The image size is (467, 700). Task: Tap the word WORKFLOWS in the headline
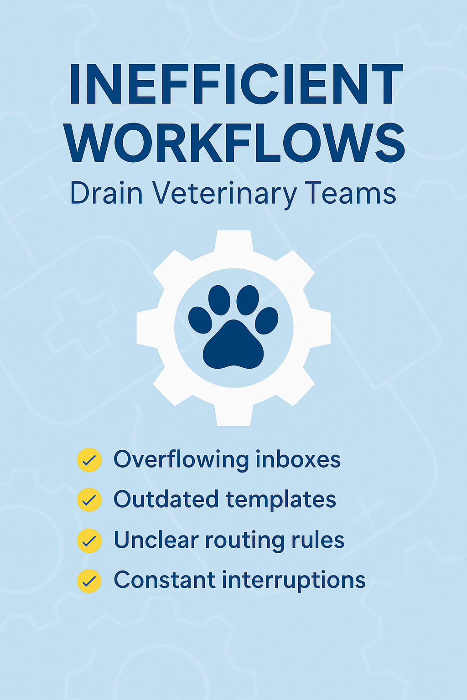(x=235, y=142)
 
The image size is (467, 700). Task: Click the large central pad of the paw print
(x=233, y=345)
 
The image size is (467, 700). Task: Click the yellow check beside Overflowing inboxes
(x=89, y=460)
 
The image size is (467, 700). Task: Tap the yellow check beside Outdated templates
(x=89, y=500)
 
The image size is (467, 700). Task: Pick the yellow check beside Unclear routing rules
(x=89, y=540)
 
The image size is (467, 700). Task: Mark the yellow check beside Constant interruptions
(x=89, y=581)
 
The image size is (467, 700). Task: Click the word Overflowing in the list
(x=181, y=459)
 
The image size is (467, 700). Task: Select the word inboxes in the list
(x=298, y=459)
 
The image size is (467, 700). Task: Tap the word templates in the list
(x=281, y=500)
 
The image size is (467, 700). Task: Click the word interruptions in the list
(x=294, y=581)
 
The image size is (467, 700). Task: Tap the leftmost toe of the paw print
(x=200, y=319)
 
